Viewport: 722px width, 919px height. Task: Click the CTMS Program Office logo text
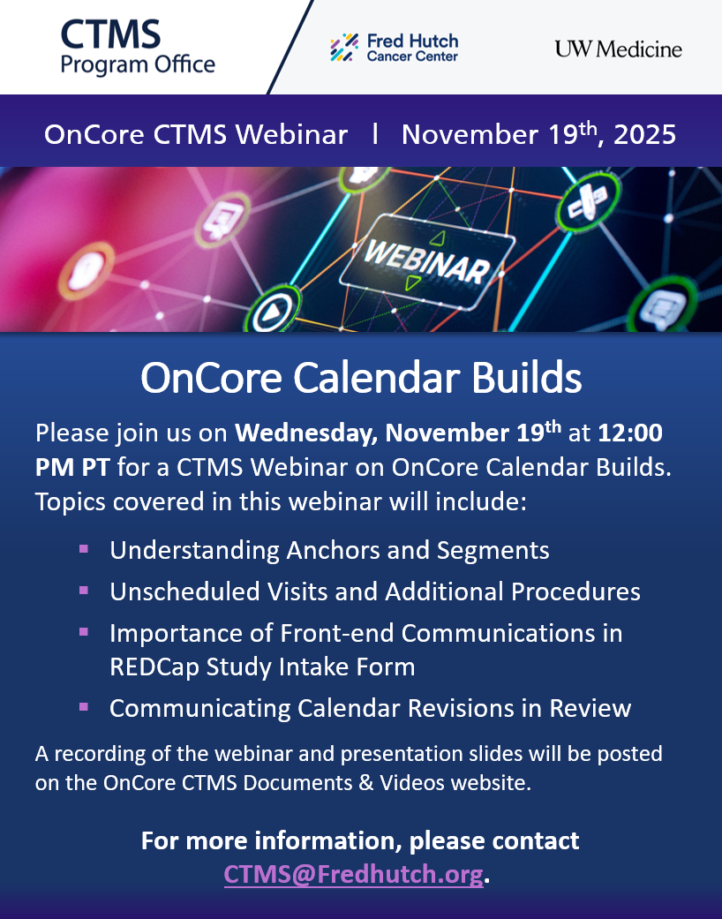[137, 48]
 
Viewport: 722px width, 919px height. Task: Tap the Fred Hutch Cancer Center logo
[394, 48]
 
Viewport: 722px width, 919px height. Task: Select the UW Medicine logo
[618, 49]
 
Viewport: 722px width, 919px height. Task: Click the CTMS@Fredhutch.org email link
[354, 874]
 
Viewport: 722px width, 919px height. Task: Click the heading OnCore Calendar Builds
[361, 378]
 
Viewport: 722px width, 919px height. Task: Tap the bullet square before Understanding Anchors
[84, 549]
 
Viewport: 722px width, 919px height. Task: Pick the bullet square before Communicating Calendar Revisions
[84, 706]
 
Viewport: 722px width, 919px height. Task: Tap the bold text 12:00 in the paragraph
[630, 433]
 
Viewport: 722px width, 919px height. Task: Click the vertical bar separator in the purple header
[375, 134]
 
